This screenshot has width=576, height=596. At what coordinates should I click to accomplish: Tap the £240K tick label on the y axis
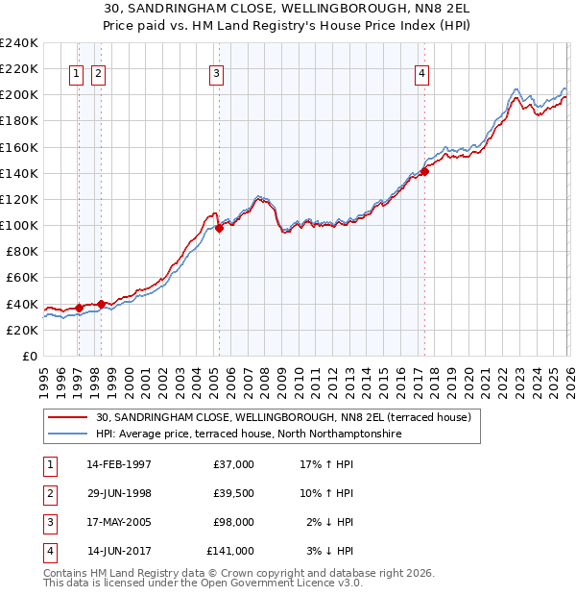[18, 43]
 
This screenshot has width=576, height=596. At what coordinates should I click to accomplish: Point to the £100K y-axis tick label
[18, 225]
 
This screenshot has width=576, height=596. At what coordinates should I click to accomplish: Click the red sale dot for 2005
[219, 228]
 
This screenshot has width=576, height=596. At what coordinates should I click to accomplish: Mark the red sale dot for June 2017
[422, 172]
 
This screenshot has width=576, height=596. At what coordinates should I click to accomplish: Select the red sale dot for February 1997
[79, 308]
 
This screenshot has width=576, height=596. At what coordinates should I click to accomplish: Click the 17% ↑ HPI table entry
[326, 464]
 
